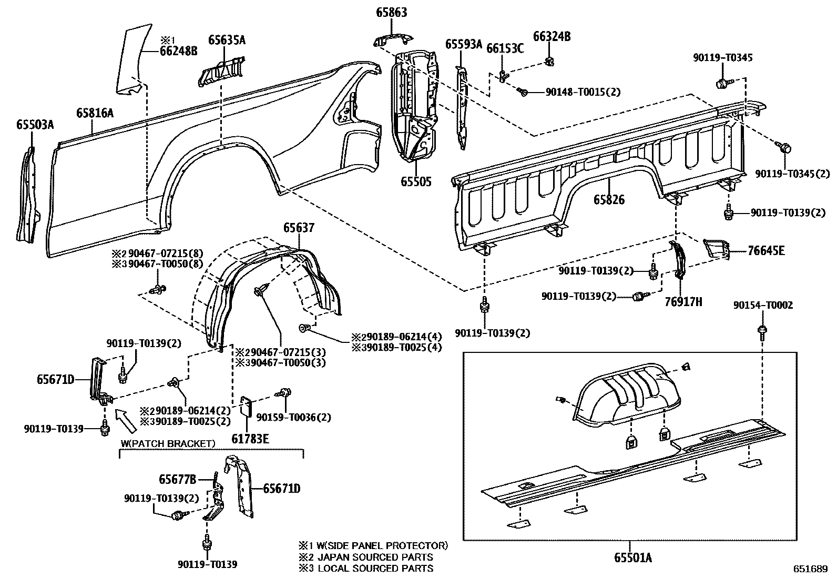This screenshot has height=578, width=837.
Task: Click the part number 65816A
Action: point(95,113)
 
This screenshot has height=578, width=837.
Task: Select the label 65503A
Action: point(35,124)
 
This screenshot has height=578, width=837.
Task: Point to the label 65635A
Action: point(227,40)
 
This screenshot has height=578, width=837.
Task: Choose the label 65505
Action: point(416,181)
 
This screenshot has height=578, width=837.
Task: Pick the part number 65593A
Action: point(464,44)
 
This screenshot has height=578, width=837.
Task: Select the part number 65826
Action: point(609,199)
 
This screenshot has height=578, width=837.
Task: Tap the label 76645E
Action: point(766,251)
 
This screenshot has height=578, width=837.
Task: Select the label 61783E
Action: point(251,438)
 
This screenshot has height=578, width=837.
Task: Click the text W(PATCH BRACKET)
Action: point(168,443)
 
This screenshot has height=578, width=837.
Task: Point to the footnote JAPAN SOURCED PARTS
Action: point(374,557)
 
